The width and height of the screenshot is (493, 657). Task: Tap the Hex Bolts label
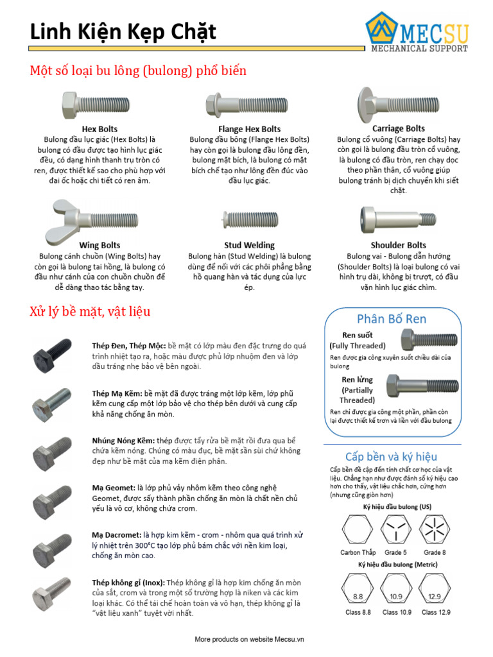point(99,129)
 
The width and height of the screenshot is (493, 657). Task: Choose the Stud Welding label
point(249,245)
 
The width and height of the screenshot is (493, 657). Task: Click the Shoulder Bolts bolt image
point(398,220)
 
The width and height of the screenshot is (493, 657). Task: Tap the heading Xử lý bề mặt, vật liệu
point(90,312)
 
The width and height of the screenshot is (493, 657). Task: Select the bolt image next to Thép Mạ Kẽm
point(52,403)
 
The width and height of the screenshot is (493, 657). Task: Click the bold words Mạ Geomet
point(113,488)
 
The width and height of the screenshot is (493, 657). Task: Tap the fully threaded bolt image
point(429,340)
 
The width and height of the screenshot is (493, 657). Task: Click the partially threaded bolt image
point(422,386)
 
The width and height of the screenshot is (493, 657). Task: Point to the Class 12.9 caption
point(436,612)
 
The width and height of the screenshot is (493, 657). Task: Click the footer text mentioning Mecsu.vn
point(249,639)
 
